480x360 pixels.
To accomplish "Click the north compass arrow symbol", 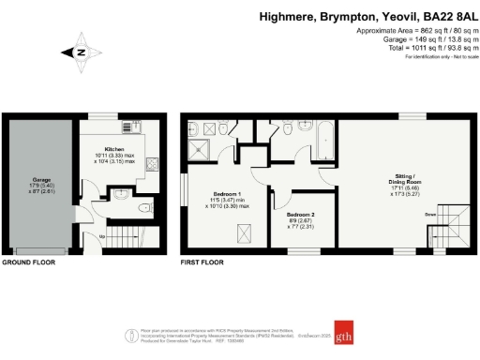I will tap(80, 52).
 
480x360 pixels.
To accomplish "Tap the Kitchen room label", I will tap(115, 149).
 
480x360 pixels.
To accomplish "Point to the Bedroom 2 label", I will tap(300, 216).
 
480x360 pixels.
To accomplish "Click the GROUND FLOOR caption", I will tap(28, 263).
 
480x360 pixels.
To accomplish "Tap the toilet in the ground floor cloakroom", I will tap(141, 207).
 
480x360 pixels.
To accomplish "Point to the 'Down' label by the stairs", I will tap(431, 215).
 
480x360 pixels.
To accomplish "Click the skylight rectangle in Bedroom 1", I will tap(243, 232).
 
